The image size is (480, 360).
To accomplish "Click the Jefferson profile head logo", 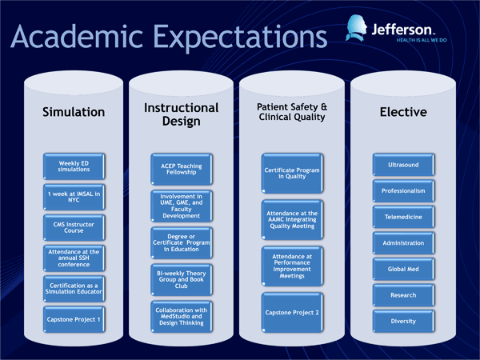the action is (357, 28).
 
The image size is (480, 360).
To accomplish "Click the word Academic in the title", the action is (77, 37).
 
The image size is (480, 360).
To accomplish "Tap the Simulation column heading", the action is (74, 112).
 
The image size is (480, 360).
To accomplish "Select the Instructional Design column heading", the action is (182, 114).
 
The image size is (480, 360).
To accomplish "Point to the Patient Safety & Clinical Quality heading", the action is (292, 112).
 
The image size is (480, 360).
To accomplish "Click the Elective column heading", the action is (403, 112).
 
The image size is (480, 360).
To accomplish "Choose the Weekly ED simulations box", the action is (74, 166).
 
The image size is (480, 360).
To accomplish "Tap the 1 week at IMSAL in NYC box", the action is (74, 197).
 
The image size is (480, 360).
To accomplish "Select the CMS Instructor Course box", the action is (74, 227).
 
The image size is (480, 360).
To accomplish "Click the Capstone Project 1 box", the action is (74, 319).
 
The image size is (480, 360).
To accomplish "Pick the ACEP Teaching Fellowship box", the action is (182, 169).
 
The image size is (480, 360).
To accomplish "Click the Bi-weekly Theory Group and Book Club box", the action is (182, 279).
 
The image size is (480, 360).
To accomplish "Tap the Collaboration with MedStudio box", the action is (182, 317).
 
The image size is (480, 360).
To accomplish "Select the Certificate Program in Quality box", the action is (292, 174).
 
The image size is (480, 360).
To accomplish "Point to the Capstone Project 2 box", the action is (292, 313).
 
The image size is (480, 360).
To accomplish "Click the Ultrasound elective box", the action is (403, 165).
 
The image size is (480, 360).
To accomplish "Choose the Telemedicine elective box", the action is (403, 217).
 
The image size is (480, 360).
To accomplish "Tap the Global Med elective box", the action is (403, 269).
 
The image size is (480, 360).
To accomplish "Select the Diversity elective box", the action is (403, 321).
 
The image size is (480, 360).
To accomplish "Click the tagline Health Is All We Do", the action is (422, 40).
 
